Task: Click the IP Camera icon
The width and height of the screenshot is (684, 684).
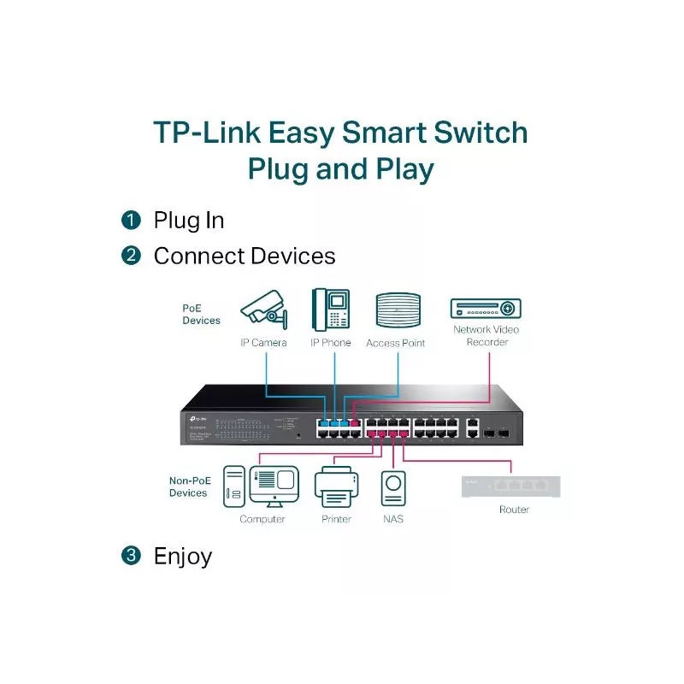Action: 264,310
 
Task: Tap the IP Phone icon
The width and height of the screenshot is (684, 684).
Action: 331,310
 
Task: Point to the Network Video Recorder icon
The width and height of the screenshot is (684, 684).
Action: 486,309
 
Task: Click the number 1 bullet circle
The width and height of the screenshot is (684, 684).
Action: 131,221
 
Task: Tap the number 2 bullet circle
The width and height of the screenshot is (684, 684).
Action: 131,256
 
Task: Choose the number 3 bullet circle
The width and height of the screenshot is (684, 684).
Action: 131,556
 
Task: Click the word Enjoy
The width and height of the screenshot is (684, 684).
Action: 182,557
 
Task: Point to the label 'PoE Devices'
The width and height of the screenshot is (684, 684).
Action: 201,314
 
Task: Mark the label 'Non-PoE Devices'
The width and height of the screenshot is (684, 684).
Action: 188,486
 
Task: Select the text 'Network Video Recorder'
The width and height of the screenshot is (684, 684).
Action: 486,335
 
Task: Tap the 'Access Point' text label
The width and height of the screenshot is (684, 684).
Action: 395,343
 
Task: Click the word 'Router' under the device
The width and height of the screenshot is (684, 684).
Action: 514,510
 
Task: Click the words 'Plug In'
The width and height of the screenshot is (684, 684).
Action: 188,221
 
